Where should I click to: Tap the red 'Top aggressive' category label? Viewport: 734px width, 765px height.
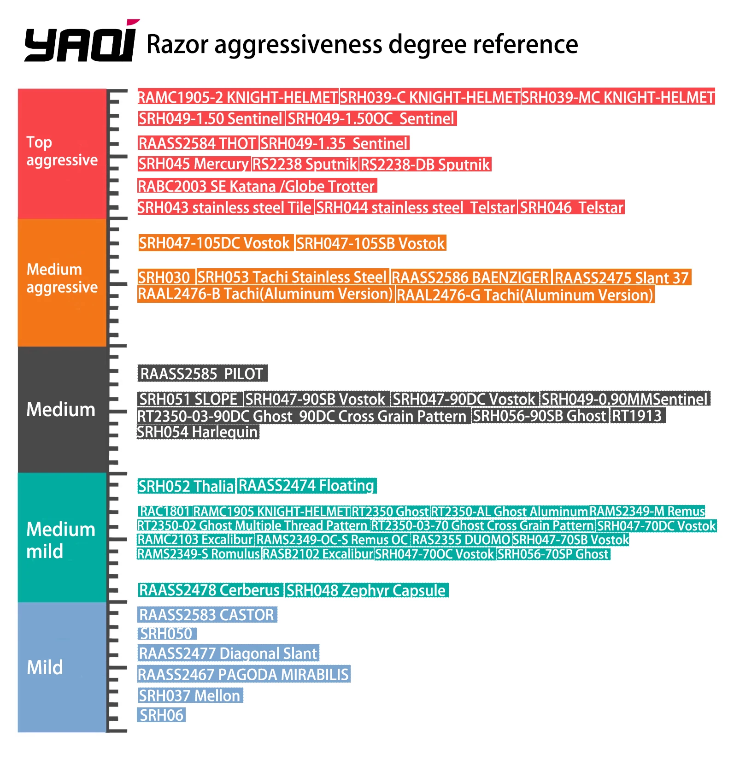tap(62, 151)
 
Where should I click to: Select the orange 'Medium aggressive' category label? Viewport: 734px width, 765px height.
tap(62, 278)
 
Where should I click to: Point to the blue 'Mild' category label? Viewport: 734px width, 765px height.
tap(45, 667)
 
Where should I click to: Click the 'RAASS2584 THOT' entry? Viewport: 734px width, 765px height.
tap(197, 144)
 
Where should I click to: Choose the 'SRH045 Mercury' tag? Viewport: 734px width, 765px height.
tap(194, 165)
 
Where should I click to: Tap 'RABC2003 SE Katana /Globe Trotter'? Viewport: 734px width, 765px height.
tap(257, 187)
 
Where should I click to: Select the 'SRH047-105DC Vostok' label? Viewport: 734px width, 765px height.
tap(215, 243)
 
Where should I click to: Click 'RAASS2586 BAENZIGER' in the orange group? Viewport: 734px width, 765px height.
tap(470, 278)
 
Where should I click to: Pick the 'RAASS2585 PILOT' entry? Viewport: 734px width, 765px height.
tap(202, 374)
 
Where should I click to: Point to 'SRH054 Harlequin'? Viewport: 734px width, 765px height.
tap(198, 432)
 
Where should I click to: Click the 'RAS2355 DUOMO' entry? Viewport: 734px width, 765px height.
tap(461, 540)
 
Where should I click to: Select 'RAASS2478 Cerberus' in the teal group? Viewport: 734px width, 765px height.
tap(210, 591)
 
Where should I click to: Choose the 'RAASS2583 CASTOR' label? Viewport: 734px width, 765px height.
tap(207, 615)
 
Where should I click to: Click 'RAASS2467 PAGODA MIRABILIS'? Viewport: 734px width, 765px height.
tap(243, 675)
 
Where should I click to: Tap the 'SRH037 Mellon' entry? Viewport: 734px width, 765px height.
tap(190, 696)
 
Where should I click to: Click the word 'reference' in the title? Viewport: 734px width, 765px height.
tap(526, 45)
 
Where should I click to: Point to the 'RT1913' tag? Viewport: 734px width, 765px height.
tap(637, 416)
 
